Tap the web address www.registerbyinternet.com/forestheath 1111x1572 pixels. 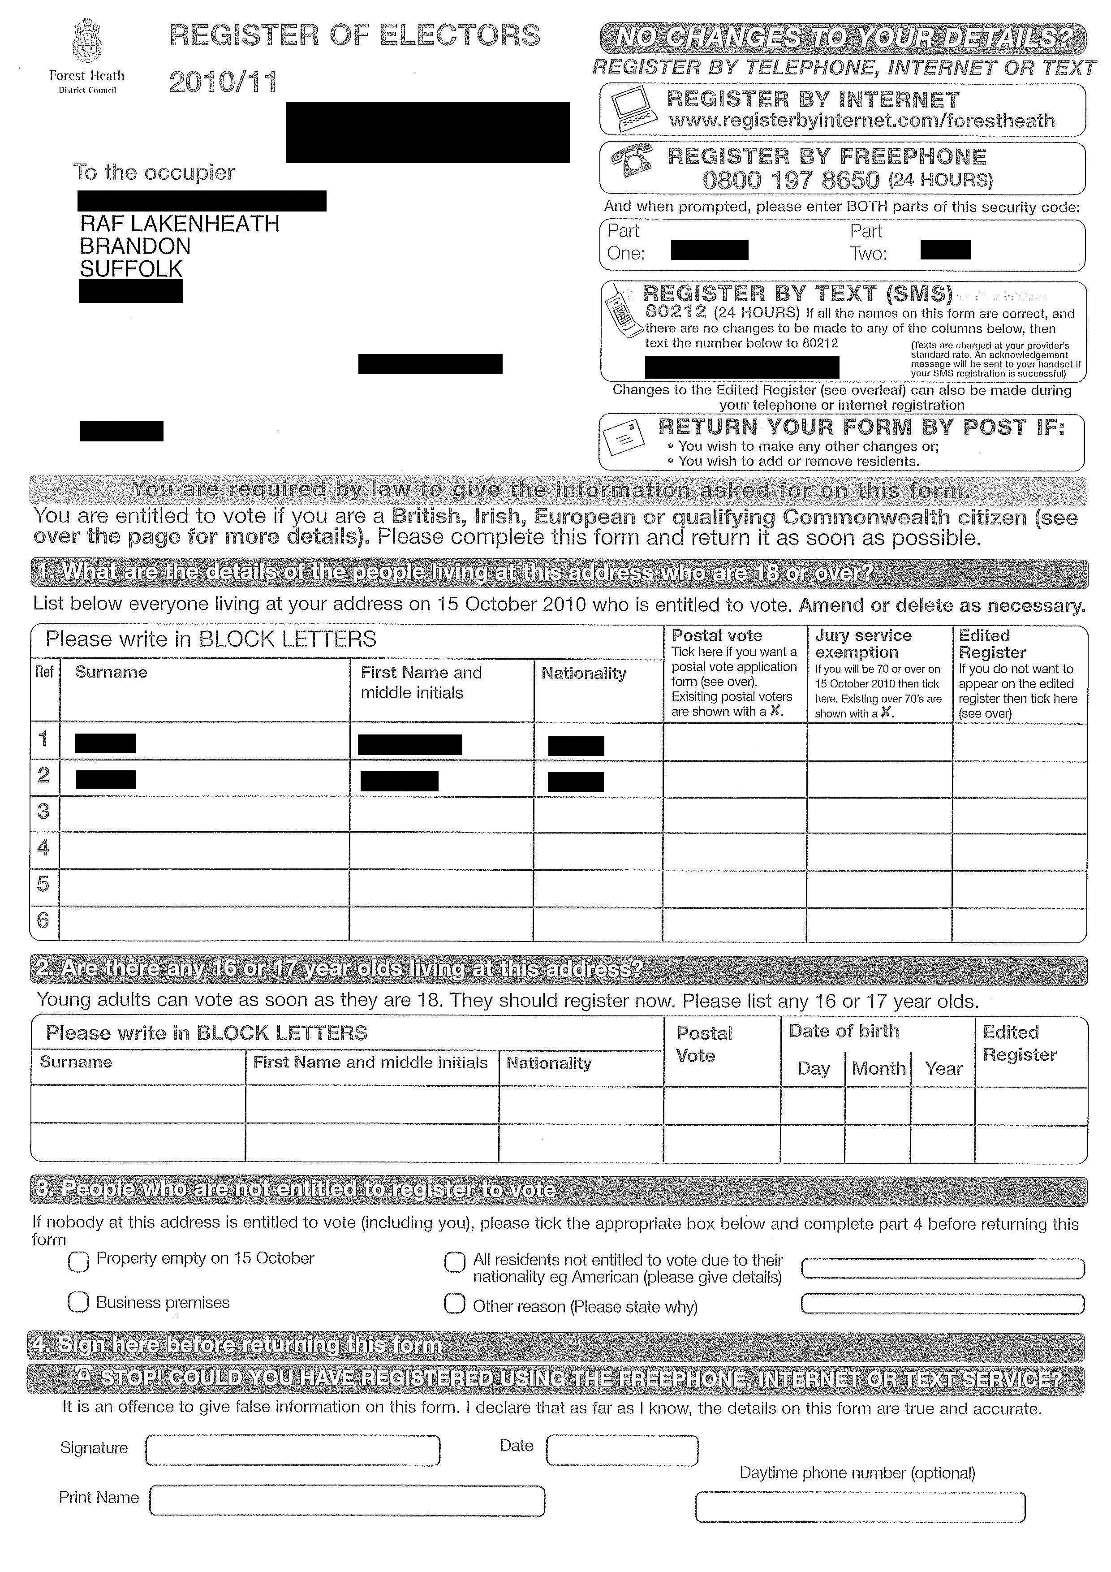coord(861,121)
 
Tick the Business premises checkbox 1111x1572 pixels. coord(78,1301)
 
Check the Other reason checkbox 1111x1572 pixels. coord(455,1303)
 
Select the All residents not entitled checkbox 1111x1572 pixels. coord(455,1262)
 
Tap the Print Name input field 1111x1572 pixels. coord(347,1501)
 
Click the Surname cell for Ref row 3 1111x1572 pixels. coord(204,815)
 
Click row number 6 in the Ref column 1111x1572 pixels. coord(43,920)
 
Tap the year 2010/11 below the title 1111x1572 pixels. coord(223,83)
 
